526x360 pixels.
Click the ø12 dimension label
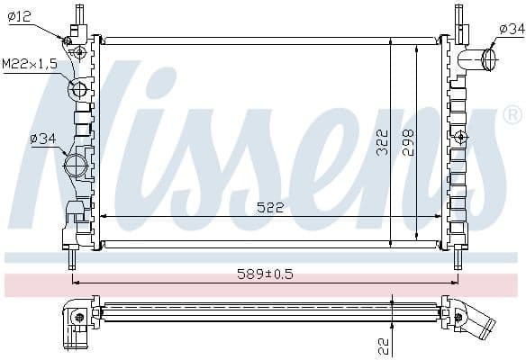point(19,16)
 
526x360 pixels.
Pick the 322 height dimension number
point(383,141)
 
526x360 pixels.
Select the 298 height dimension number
point(409,141)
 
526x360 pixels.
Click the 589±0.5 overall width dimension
point(266,274)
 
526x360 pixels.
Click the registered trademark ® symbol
point(512,115)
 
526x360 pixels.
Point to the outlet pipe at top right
point(478,60)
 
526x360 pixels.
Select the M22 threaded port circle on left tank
point(78,89)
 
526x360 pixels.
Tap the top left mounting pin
point(79,14)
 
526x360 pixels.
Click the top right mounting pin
point(458,14)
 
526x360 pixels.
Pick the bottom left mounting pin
point(72,258)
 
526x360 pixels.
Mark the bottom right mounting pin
point(458,258)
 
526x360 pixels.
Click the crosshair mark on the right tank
point(461,137)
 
